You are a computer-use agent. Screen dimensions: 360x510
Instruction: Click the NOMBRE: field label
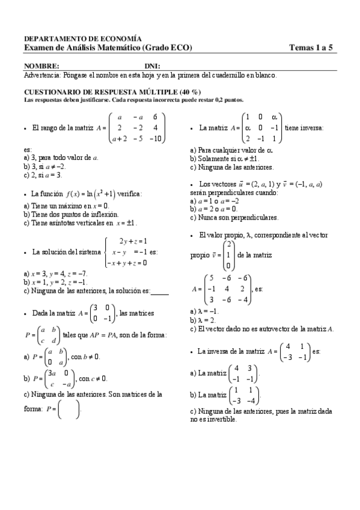tap(41, 66)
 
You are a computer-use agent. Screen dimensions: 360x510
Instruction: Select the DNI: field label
tap(152, 66)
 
